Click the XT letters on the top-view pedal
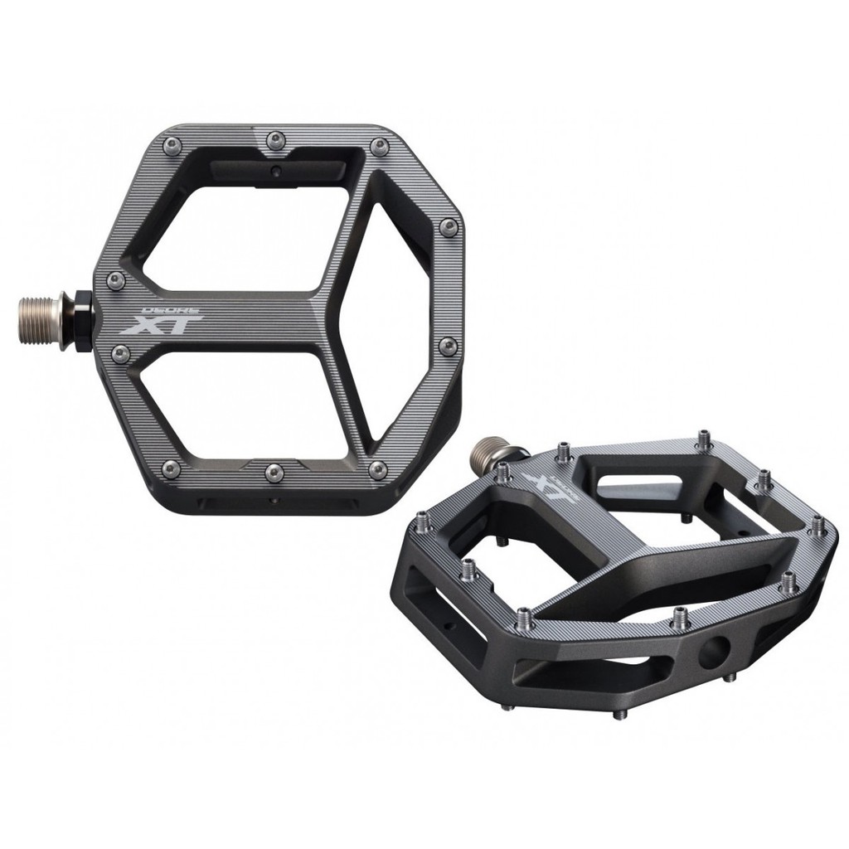pos(161,324)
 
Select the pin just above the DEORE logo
pos(116,280)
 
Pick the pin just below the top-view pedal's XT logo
pos(121,355)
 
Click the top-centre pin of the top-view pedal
pos(275,140)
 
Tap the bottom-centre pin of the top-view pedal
pos(274,473)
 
